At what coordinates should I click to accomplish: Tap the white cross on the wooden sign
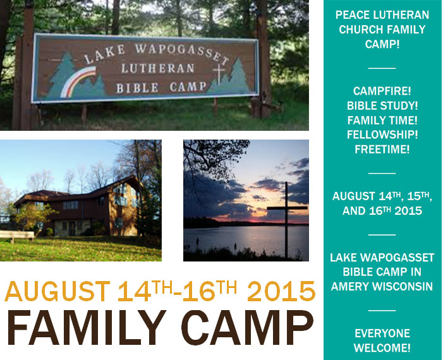[219, 74]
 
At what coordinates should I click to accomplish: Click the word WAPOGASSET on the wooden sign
[181, 53]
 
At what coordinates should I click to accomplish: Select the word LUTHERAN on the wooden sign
[158, 68]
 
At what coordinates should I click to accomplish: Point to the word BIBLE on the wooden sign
[137, 88]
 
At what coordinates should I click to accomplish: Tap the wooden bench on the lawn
[17, 236]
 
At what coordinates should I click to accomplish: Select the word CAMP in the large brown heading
[248, 328]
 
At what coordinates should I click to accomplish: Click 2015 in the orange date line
[281, 291]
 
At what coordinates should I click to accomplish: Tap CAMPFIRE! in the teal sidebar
[382, 91]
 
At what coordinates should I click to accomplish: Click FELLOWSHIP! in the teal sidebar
[382, 135]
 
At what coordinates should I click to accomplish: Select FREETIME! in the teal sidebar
[382, 149]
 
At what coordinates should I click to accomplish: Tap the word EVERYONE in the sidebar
[382, 333]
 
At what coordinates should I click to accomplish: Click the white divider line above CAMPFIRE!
[382, 68]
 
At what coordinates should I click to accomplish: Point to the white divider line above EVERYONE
[382, 310]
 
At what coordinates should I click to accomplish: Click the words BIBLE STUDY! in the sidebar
[382, 105]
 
